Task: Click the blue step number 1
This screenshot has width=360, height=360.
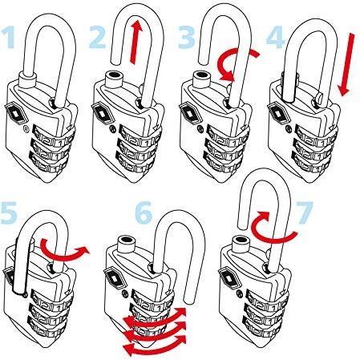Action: (8, 38)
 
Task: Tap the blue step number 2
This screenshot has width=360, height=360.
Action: (98, 37)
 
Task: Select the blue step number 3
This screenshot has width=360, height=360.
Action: (187, 37)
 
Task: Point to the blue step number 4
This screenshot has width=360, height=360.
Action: (276, 37)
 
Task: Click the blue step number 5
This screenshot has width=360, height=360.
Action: (9, 212)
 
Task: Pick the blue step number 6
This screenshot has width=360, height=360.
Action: (144, 212)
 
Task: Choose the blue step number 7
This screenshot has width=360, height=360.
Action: (305, 212)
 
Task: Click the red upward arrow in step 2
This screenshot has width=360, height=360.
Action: (136, 42)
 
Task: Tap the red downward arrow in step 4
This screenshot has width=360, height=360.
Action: (347, 64)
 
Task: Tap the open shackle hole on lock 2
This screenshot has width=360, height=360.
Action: (113, 74)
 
